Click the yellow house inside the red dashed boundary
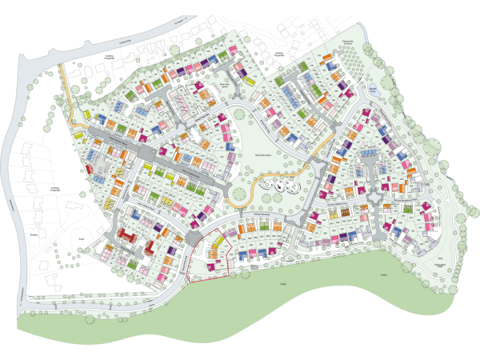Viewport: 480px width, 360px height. [211, 254]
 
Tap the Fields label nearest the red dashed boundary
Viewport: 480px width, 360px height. [282, 284]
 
